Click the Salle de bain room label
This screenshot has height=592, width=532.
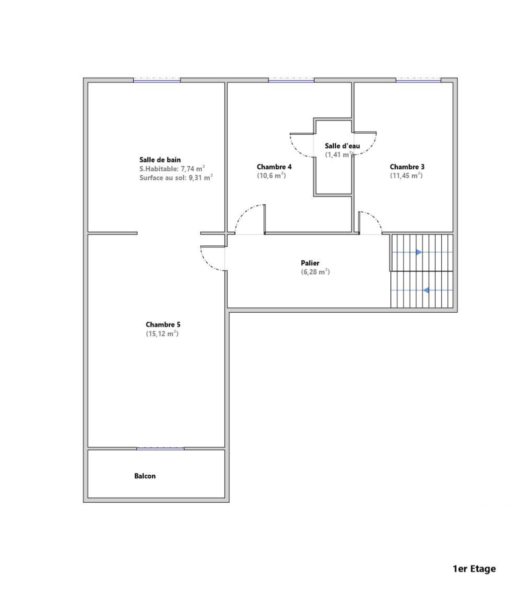click(160, 160)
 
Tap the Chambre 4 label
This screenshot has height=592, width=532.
click(274, 167)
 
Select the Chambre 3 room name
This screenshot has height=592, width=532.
click(407, 167)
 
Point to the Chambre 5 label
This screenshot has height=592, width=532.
click(163, 325)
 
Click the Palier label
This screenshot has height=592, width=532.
click(310, 263)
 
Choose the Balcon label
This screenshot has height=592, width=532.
click(145, 476)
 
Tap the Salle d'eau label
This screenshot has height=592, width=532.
click(342, 146)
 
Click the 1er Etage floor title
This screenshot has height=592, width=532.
click(474, 569)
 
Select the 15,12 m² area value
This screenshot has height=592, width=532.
click(162, 334)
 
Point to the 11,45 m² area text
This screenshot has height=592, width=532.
click(406, 176)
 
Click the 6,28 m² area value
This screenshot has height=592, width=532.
click(315, 272)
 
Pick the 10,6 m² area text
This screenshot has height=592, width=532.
click(271, 176)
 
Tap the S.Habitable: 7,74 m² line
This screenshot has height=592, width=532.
click(172, 169)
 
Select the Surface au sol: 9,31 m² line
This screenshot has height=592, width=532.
click(176, 178)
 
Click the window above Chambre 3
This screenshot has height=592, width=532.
click(418, 80)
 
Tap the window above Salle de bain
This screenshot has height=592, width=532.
click(157, 80)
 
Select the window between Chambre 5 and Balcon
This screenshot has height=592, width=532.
click(160, 448)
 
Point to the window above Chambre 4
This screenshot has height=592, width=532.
click(291, 80)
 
